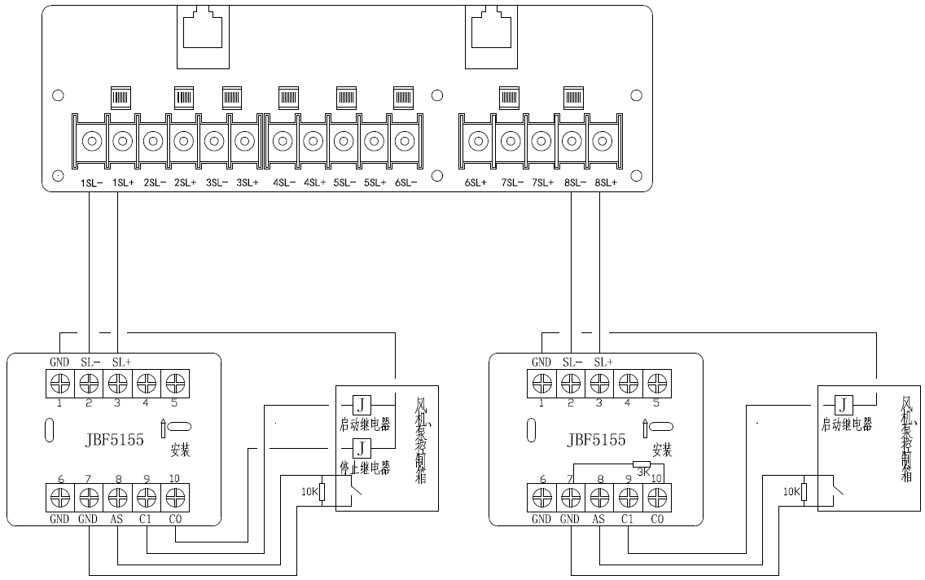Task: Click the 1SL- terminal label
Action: pyautogui.click(x=91, y=182)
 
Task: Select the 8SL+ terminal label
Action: pyautogui.click(x=606, y=182)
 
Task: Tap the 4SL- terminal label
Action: pyautogui.click(x=283, y=182)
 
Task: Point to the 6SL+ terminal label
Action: pyautogui.click(x=476, y=182)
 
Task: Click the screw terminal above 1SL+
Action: pyautogui.click(x=122, y=142)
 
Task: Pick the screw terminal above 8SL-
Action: pyautogui.click(x=572, y=142)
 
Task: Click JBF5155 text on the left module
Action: pyautogui.click(x=113, y=440)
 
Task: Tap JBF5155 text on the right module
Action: pyautogui.click(x=596, y=440)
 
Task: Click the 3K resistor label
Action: pyautogui.click(x=642, y=472)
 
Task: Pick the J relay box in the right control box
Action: pyautogui.click(x=844, y=405)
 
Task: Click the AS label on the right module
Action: pyautogui.click(x=600, y=519)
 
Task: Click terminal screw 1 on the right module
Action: pyautogui.click(x=541, y=383)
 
